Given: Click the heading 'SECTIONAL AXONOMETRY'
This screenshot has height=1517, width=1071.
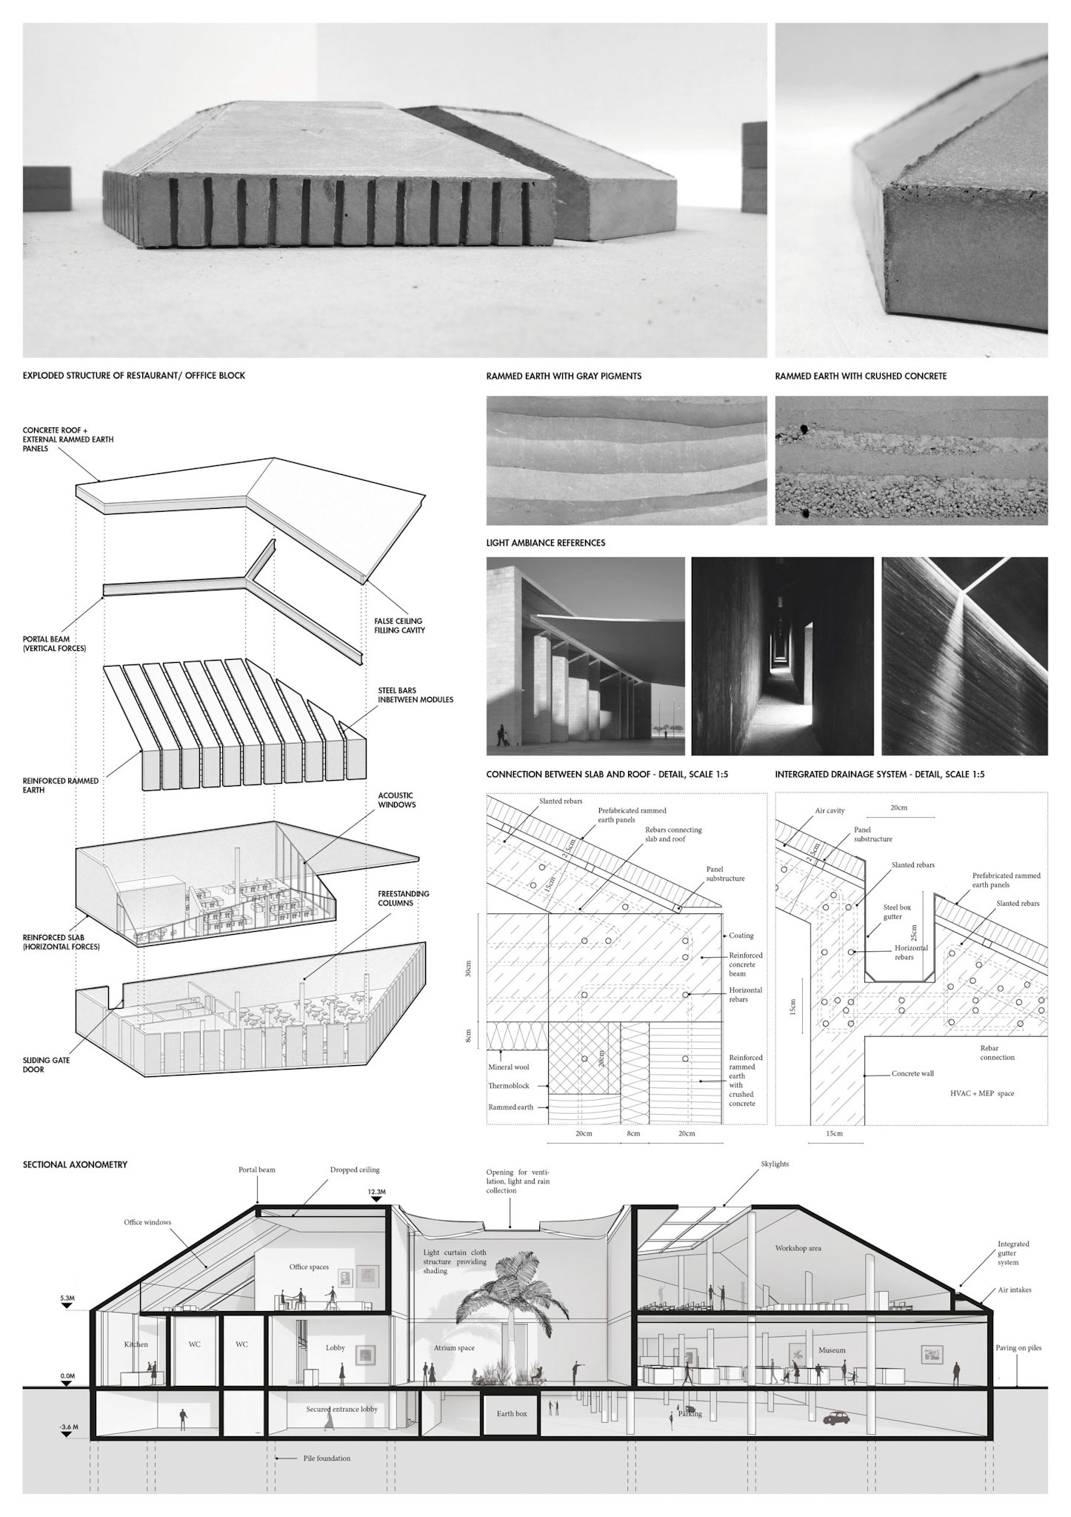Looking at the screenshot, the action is pyautogui.click(x=75, y=1164).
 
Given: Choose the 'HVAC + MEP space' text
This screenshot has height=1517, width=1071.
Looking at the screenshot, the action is pyautogui.click(x=982, y=1093).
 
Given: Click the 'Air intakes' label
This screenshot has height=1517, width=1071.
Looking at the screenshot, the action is pyautogui.click(x=1015, y=1290).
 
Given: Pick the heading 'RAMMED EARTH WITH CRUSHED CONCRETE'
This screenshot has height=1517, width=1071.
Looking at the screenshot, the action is pyautogui.click(x=861, y=376).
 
